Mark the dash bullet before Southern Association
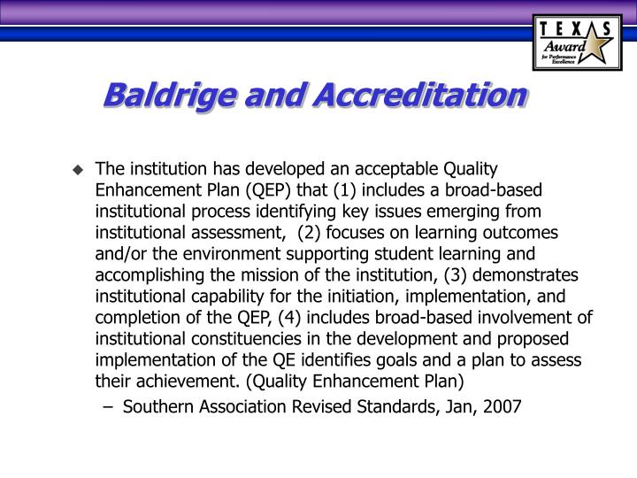(x=112, y=406)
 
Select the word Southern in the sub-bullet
(x=155, y=406)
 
